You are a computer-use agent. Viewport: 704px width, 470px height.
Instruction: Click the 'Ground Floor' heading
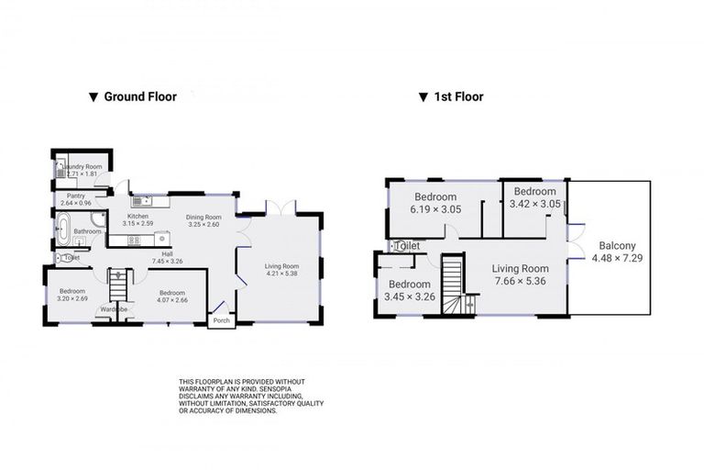(139, 96)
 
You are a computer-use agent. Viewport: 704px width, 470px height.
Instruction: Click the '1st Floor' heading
(457, 96)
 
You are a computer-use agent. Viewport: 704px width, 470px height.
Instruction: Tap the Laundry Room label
(83, 166)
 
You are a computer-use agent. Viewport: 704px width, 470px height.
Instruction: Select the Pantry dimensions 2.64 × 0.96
(78, 203)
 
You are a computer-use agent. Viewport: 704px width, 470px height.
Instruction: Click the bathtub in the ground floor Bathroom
(64, 229)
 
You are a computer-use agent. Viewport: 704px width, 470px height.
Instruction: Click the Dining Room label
(203, 218)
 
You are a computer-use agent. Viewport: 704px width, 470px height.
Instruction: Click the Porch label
(221, 320)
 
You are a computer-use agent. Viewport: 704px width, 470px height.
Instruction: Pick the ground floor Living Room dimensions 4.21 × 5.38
(280, 274)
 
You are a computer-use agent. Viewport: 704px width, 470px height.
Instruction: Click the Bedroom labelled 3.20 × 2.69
(71, 296)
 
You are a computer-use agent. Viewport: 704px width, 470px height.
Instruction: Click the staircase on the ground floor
(117, 287)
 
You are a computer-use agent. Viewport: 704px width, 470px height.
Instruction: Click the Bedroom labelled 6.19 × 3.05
(435, 203)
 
